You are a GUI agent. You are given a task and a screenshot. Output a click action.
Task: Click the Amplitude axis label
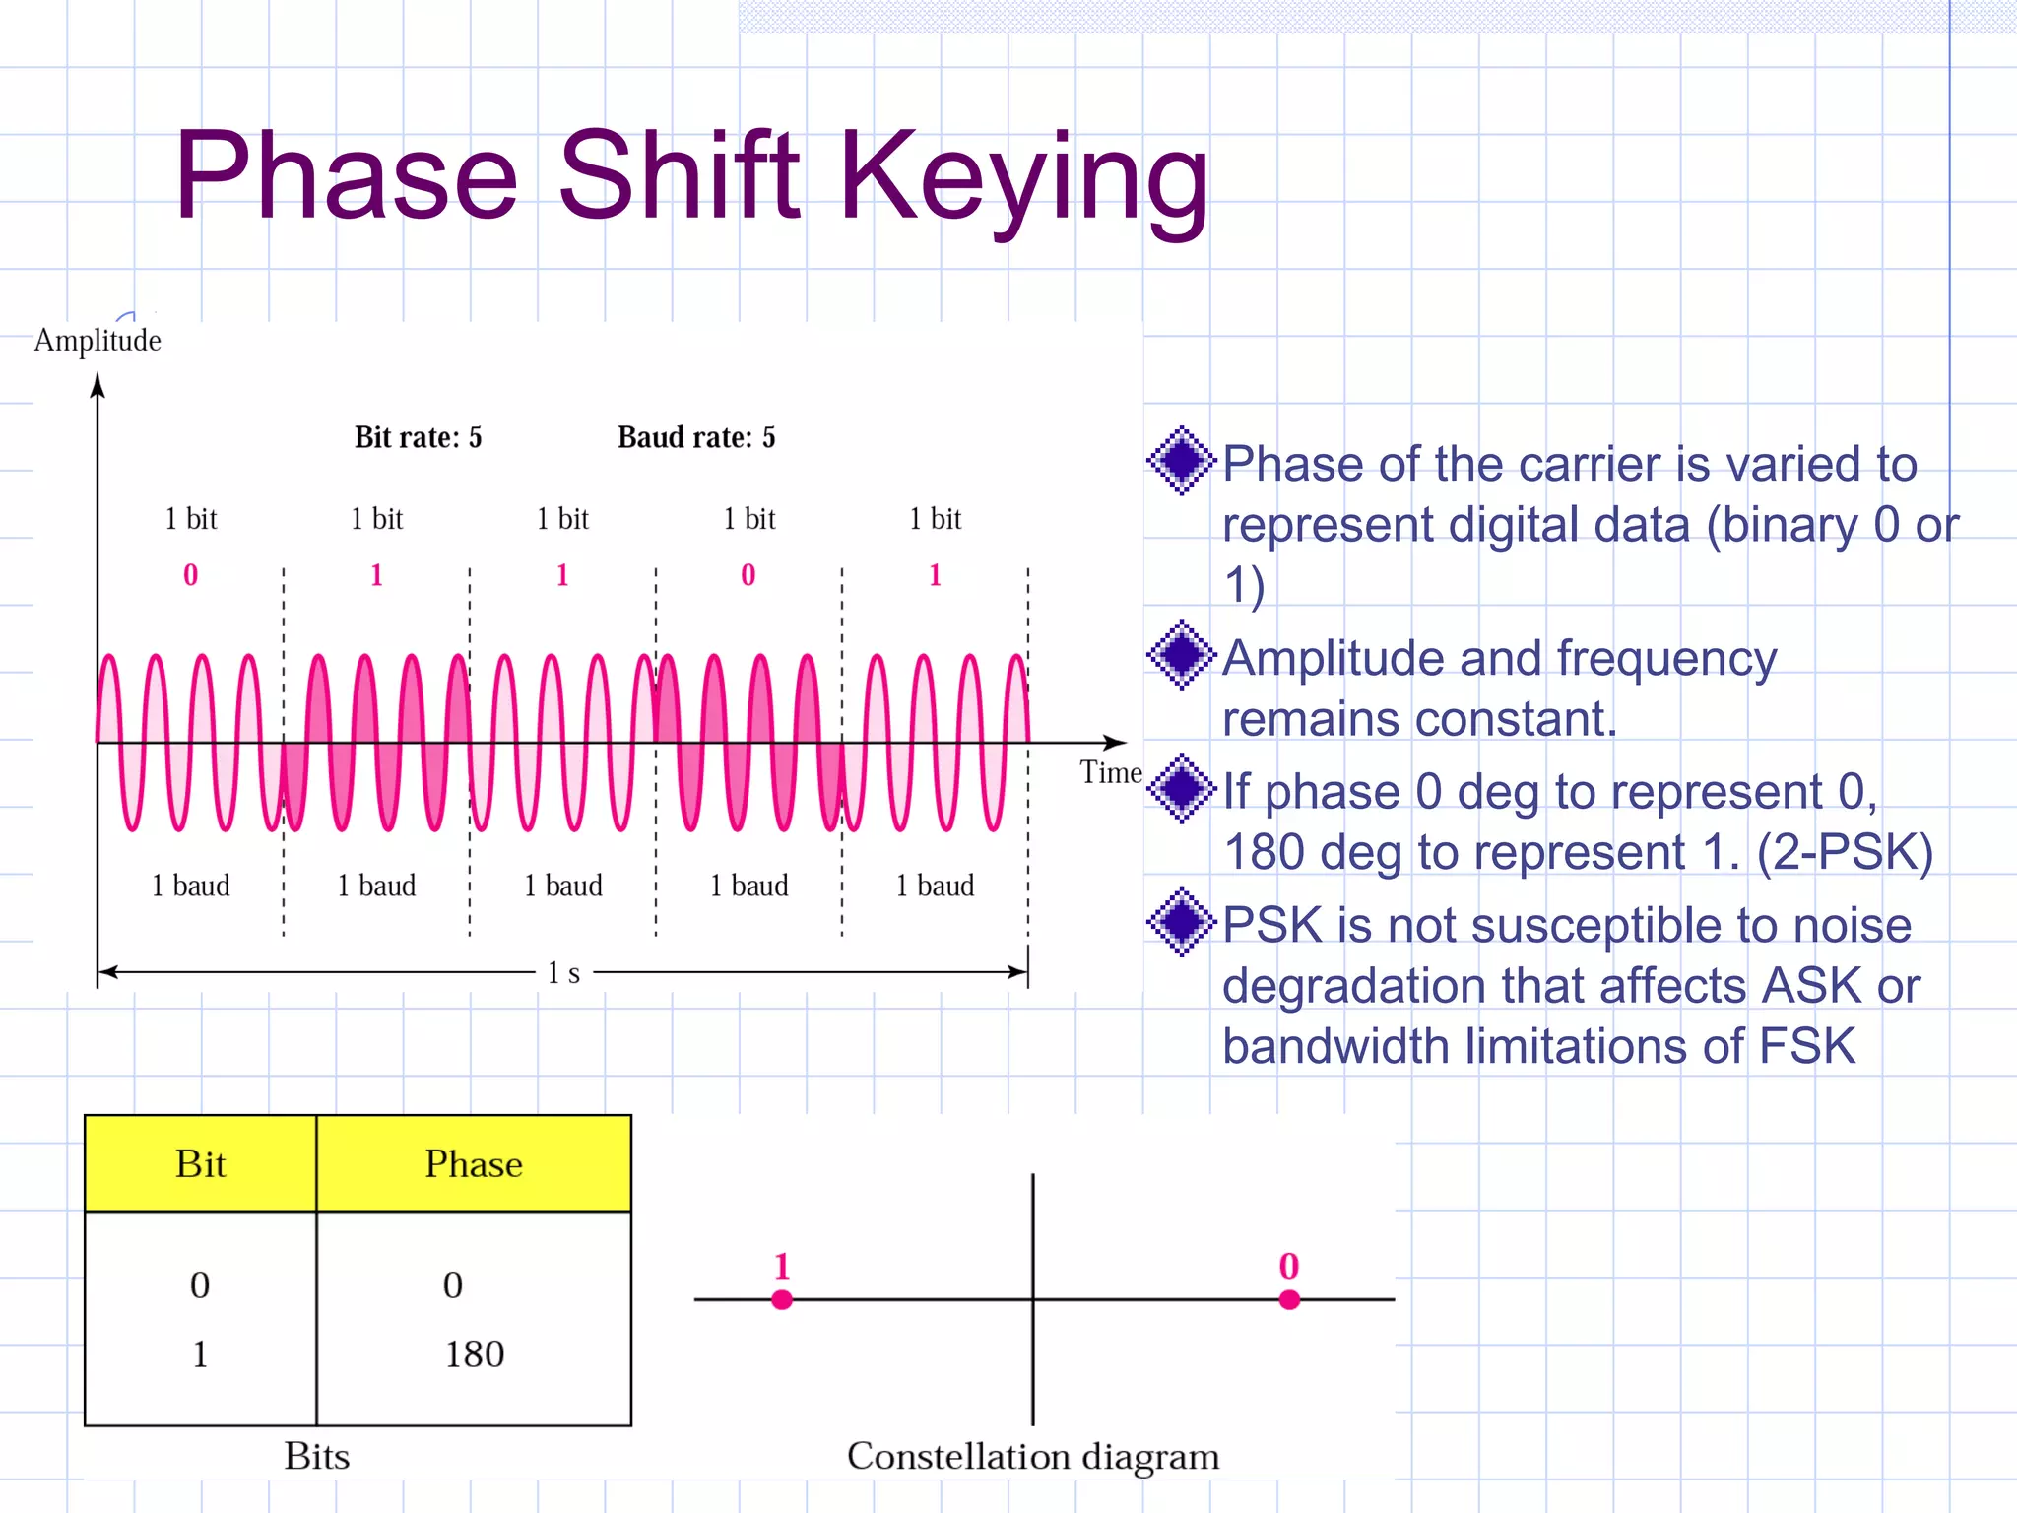[98, 341]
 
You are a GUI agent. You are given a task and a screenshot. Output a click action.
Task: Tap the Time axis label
[1110, 773]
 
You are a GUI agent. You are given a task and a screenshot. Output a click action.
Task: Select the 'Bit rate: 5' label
[418, 437]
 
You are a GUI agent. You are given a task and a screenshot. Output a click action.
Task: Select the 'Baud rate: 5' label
[696, 437]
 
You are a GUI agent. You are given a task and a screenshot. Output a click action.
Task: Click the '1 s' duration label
[563, 973]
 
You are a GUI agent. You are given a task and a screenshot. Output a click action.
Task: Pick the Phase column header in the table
[474, 1164]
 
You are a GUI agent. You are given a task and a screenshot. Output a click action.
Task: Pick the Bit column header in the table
[200, 1164]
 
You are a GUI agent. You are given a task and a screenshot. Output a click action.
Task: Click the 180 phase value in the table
[474, 1354]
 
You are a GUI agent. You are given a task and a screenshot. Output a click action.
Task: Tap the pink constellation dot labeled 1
[782, 1300]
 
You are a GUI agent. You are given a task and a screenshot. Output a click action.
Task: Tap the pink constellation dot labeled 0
[1289, 1300]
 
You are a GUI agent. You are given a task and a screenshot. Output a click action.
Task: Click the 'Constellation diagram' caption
[1032, 1456]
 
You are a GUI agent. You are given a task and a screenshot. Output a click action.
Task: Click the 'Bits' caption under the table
[316, 1456]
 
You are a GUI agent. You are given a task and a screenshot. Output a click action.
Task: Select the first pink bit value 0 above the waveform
[190, 575]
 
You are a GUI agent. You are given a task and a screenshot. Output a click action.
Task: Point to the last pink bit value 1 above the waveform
[935, 575]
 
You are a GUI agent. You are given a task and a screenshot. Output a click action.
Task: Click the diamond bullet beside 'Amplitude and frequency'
[1181, 655]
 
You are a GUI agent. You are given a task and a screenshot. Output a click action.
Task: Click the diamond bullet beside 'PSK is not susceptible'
[1181, 922]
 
